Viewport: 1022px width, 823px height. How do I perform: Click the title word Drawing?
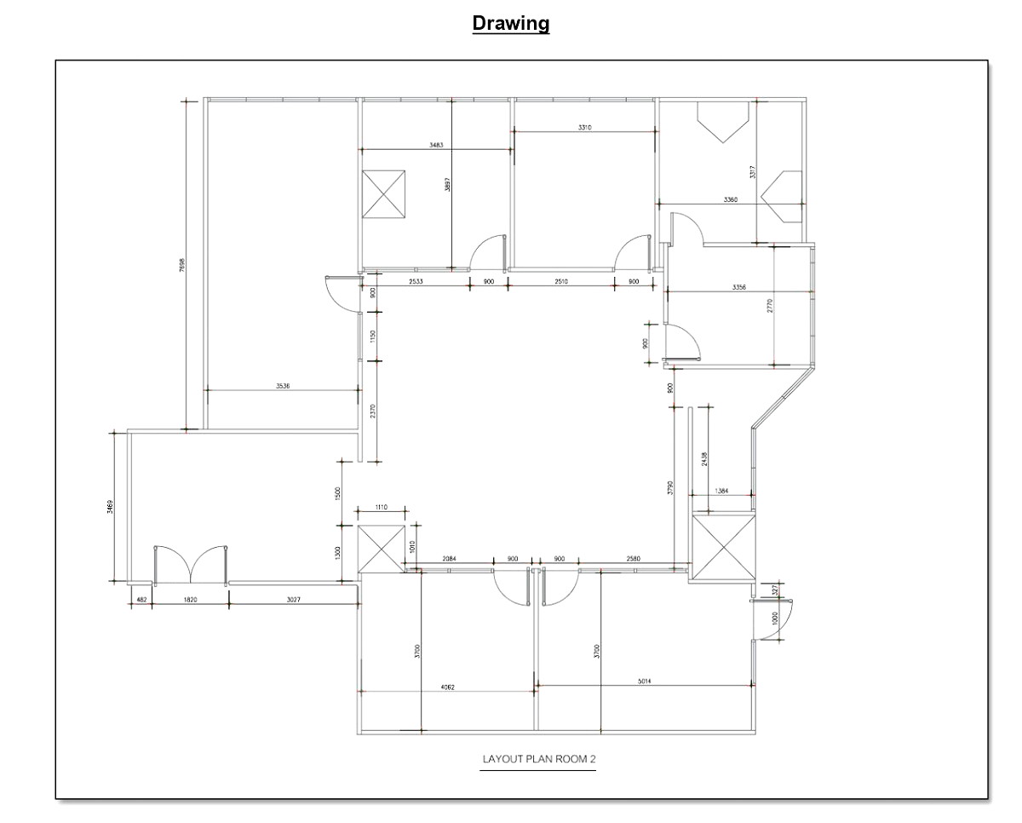pyautogui.click(x=511, y=23)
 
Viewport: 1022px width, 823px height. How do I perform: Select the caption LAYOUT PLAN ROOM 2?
pyautogui.click(x=537, y=759)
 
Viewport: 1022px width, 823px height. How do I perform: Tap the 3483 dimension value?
pyautogui.click(x=436, y=146)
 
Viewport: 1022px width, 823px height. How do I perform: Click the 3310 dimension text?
pyautogui.click(x=584, y=127)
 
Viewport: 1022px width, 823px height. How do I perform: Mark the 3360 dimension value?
pyautogui.click(x=730, y=199)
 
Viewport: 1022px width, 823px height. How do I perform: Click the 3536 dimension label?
pyautogui.click(x=282, y=386)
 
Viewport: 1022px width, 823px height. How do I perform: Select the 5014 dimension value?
pyautogui.click(x=646, y=681)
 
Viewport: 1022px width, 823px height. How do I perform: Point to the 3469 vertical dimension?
pyautogui.click(x=110, y=508)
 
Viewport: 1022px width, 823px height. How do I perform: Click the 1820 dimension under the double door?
pyautogui.click(x=190, y=600)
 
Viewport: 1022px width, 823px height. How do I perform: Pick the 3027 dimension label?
pyautogui.click(x=292, y=600)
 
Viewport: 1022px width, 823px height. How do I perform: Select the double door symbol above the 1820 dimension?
pyautogui.click(x=190, y=564)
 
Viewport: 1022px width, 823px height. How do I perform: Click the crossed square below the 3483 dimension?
pyautogui.click(x=383, y=194)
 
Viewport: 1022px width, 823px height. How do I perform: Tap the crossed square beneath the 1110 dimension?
pyautogui.click(x=382, y=550)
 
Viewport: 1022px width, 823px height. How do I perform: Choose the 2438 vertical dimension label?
pyautogui.click(x=703, y=459)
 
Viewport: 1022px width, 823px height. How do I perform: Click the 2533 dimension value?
pyautogui.click(x=416, y=280)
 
